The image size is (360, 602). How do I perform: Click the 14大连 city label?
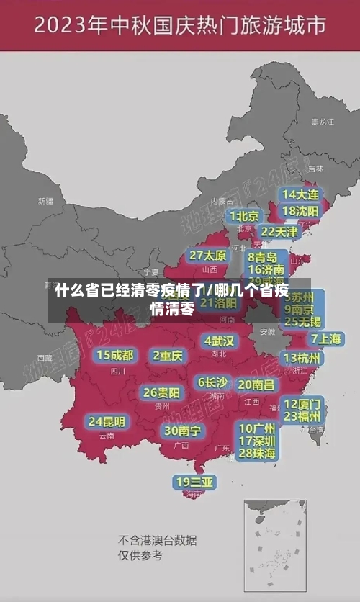click(x=300, y=194)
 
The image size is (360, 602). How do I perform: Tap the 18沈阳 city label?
click(x=300, y=211)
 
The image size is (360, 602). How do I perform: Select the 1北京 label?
click(x=245, y=216)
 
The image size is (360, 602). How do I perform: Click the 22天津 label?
click(x=279, y=232)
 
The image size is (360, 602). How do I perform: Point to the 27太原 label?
click(x=208, y=255)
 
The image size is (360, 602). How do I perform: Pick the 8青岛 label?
click(x=263, y=257)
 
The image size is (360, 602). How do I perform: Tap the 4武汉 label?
click(x=220, y=340)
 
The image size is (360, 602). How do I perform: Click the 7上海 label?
click(x=325, y=339)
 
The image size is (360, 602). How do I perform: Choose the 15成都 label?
click(x=115, y=355)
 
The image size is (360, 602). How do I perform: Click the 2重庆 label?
click(x=168, y=355)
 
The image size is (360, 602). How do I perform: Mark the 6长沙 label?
click(x=212, y=382)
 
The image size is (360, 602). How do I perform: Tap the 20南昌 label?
click(x=256, y=385)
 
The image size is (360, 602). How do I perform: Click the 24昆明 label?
click(x=107, y=421)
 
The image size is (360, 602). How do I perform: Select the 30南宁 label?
click(x=183, y=431)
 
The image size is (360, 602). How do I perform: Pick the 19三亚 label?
click(x=194, y=481)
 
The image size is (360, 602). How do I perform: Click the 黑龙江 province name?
click(x=322, y=122)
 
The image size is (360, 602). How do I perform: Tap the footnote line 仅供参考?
click(x=140, y=555)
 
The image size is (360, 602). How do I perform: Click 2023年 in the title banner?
click(x=70, y=27)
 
